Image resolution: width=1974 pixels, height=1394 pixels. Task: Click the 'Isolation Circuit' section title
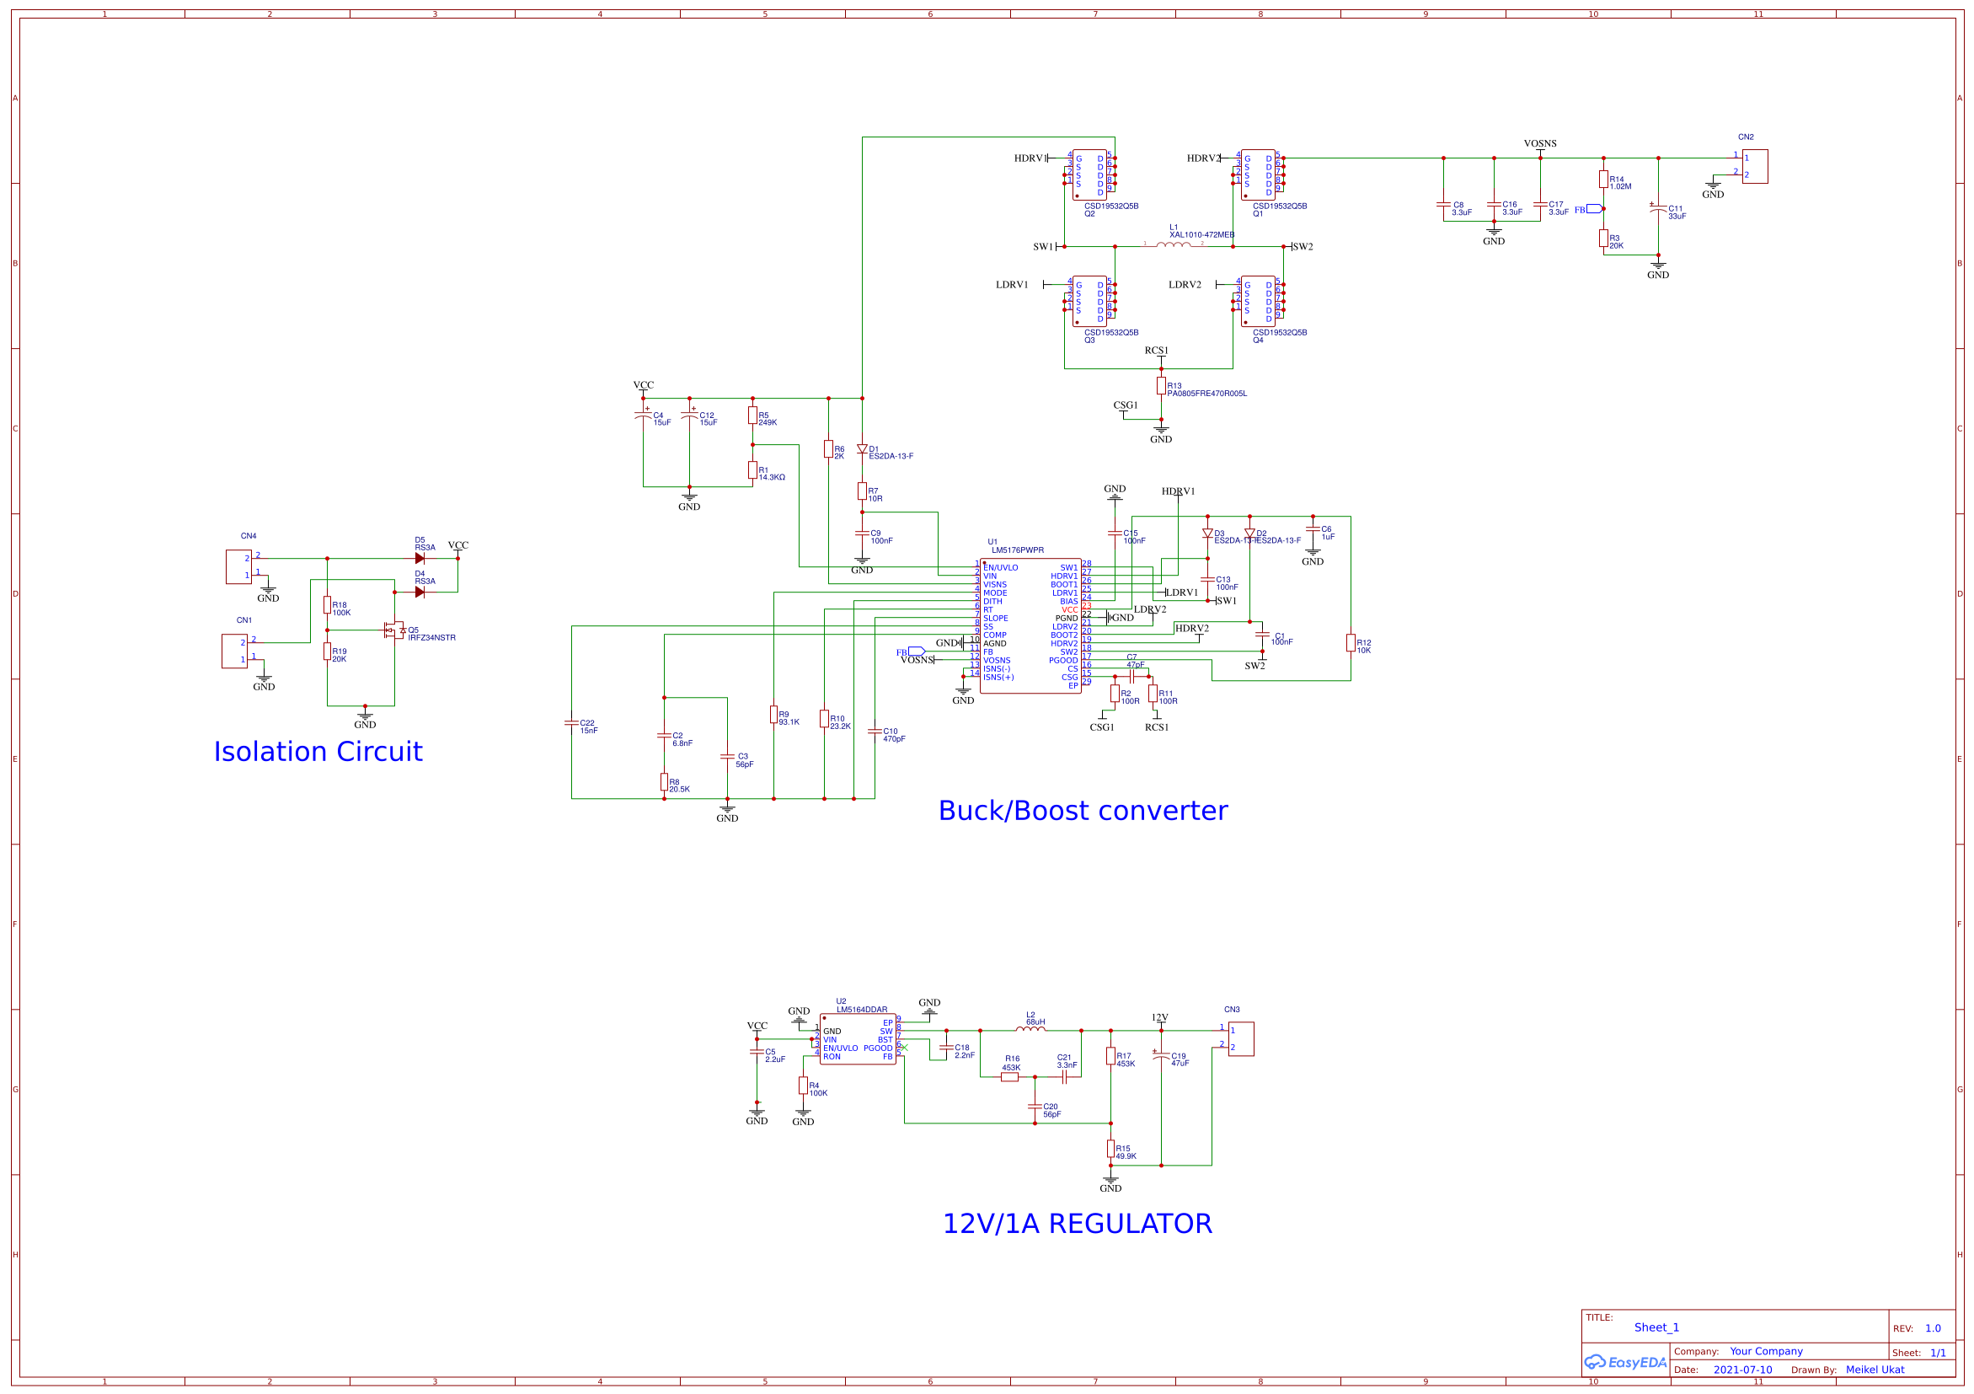coord(318,752)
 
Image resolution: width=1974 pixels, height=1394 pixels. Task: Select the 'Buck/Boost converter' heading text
coord(1083,810)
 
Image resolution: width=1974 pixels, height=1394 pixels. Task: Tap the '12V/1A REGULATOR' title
coord(1078,1223)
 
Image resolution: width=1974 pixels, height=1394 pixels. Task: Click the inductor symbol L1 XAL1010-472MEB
coord(1173,245)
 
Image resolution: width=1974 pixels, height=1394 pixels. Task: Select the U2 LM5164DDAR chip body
coord(857,1039)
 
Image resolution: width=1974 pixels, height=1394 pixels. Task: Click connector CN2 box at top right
coord(1754,166)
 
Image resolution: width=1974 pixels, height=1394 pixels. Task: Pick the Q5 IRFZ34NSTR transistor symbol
coord(394,630)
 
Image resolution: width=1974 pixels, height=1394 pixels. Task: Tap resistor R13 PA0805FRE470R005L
coord(1161,386)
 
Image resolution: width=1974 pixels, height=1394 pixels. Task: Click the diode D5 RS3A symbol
coord(420,558)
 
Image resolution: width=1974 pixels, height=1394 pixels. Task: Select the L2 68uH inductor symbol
coord(1030,1028)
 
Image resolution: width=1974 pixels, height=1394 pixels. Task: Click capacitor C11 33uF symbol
coord(1657,209)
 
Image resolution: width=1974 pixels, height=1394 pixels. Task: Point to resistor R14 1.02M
coord(1603,179)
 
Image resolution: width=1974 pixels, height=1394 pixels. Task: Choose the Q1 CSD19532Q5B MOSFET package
coord(1258,175)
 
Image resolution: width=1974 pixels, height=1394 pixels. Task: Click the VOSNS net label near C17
coord(1540,143)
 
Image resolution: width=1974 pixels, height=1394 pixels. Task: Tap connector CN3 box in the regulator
coord(1241,1039)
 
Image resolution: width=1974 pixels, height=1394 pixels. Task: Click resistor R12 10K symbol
coord(1351,642)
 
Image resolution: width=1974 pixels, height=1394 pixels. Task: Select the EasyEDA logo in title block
coord(1625,1362)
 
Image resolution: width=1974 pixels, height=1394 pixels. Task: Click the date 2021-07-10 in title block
coord(1741,1370)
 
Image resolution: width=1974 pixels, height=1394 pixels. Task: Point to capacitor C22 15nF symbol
coord(572,722)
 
